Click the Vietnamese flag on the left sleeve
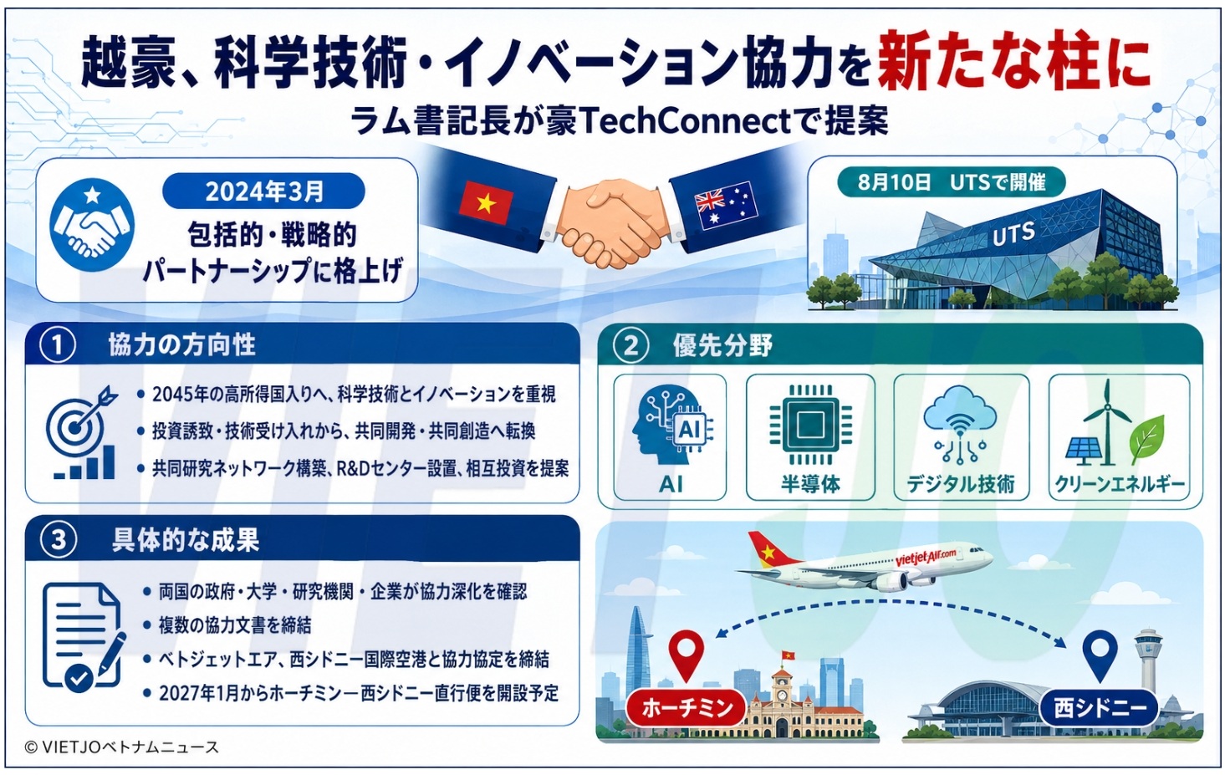[486, 202]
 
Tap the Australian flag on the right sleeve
[727, 205]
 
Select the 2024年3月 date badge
[263, 191]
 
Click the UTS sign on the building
[1013, 233]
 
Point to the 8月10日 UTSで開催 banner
[952, 182]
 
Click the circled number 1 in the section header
[58, 345]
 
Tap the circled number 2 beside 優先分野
[631, 346]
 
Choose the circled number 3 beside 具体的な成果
[59, 540]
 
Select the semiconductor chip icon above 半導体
[810, 425]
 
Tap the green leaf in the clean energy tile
[1146, 439]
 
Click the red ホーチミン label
[687, 708]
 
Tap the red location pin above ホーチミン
[687, 655]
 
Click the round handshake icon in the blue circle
[92, 225]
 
